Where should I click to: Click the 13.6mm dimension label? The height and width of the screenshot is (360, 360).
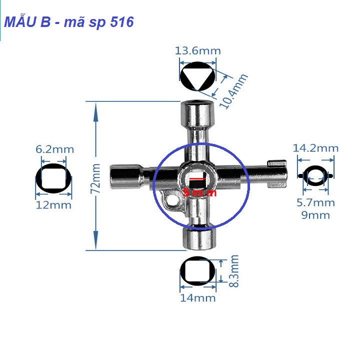(x=197, y=50)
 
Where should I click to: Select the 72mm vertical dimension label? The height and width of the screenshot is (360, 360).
(x=96, y=176)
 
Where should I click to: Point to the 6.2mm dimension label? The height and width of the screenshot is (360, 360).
(x=54, y=149)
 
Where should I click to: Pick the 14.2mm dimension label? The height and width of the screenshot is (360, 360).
(x=315, y=148)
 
